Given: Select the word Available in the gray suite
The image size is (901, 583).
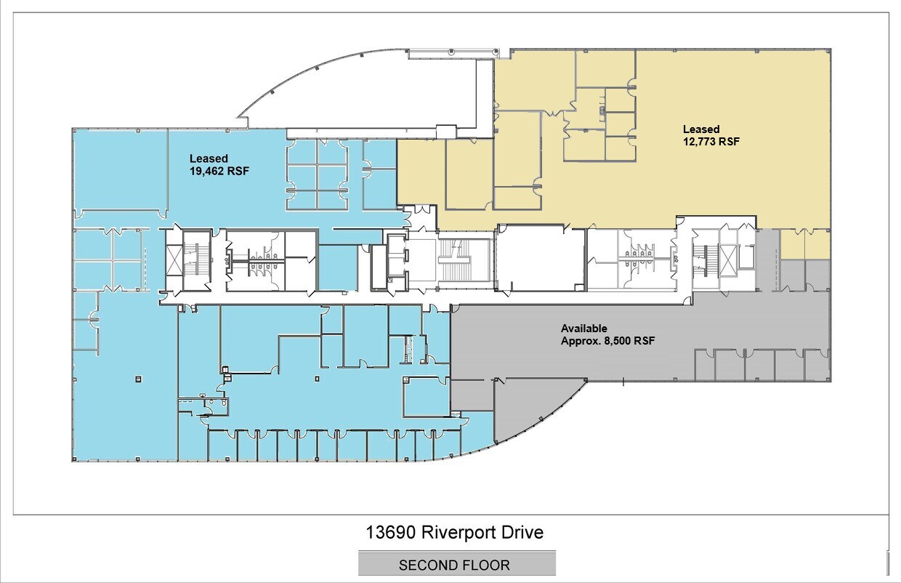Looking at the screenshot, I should coord(583,329).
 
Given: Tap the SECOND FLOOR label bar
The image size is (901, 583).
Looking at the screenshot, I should coord(456,564).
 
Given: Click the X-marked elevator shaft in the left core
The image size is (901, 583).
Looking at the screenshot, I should coord(175,260).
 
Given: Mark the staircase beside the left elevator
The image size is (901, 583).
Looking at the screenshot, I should coord(196,260).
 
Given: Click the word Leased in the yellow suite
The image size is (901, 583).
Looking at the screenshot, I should coord(700,129).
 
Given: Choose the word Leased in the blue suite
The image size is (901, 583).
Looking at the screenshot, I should coord(209,158).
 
